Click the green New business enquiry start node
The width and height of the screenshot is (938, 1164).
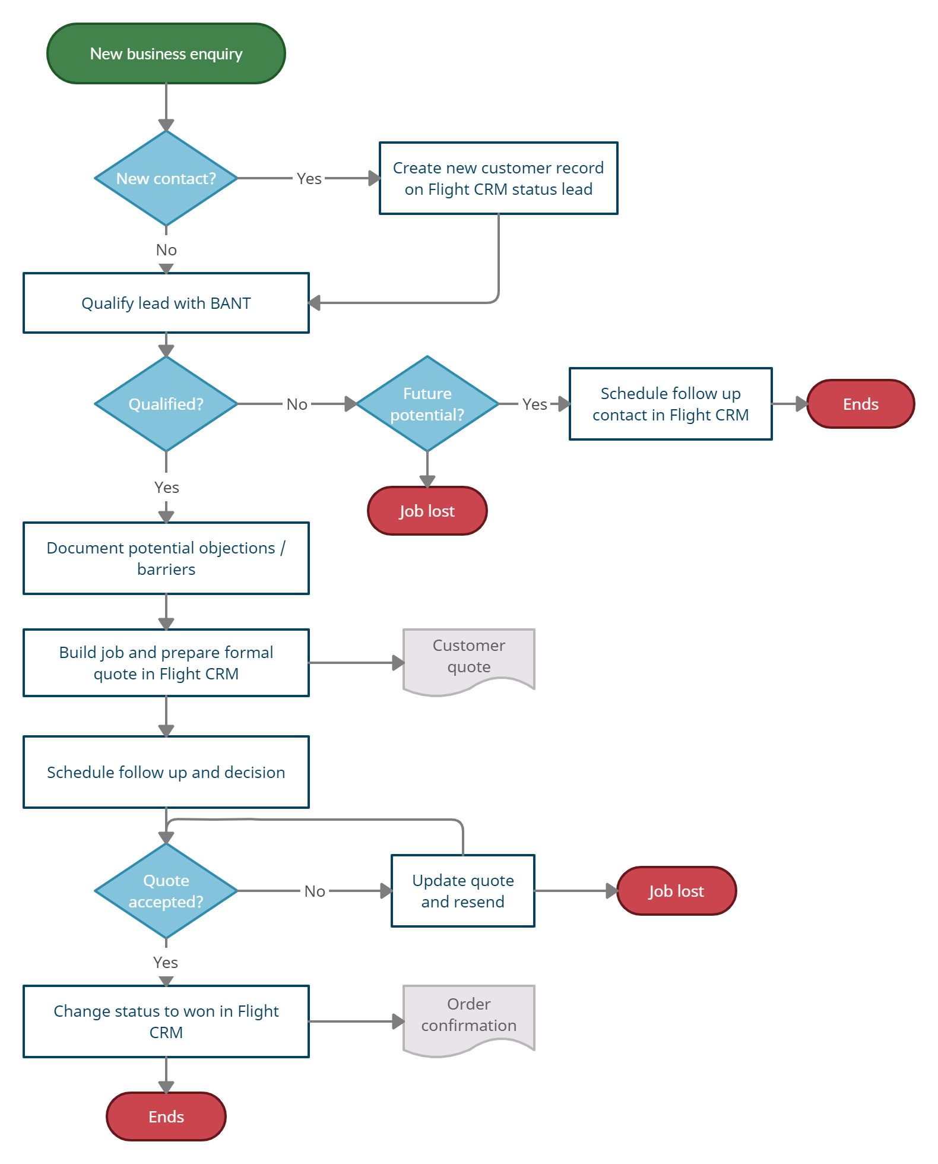point(166,53)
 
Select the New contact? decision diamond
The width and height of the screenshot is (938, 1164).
point(166,178)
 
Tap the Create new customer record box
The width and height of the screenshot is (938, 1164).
point(498,178)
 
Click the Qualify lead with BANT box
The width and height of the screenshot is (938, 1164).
point(166,303)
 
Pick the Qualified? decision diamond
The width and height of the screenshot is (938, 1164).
point(166,404)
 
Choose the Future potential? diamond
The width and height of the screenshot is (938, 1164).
point(427,404)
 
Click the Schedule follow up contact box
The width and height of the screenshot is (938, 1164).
point(670,404)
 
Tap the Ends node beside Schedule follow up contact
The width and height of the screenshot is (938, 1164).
point(860,404)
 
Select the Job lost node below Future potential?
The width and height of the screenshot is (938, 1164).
point(427,511)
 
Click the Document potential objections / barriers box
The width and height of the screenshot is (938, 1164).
point(166,558)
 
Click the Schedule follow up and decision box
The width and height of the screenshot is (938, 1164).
point(166,772)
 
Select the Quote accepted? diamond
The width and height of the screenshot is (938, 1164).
point(166,891)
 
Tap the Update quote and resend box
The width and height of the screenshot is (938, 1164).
point(462,891)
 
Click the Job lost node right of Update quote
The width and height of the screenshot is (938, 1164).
point(676,891)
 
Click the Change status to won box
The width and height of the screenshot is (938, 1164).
point(166,1021)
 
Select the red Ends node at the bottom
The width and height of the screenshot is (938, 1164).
point(166,1116)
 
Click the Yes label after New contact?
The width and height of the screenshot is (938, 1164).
point(309,178)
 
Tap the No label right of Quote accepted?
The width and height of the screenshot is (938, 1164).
point(315,891)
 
